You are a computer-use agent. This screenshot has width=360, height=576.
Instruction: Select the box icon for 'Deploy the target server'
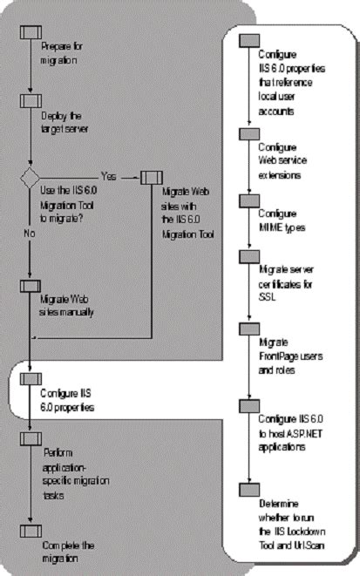point(31,100)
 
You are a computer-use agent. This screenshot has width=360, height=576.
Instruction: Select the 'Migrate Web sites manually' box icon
point(31,285)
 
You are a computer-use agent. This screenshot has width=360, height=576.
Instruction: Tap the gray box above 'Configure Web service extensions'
point(249,133)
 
